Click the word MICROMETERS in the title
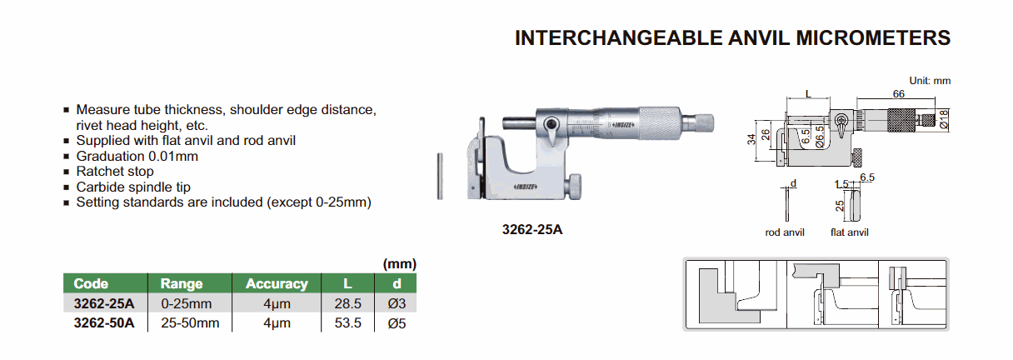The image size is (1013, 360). [873, 38]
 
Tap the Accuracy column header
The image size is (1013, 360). [277, 283]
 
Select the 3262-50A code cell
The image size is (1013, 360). [104, 322]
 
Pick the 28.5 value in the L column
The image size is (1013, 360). [347, 303]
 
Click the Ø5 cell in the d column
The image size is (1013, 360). [397, 323]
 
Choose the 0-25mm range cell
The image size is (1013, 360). [187, 303]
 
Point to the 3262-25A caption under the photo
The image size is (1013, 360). [532, 230]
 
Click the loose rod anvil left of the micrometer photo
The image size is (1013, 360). [440, 177]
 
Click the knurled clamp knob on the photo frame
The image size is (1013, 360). [575, 187]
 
